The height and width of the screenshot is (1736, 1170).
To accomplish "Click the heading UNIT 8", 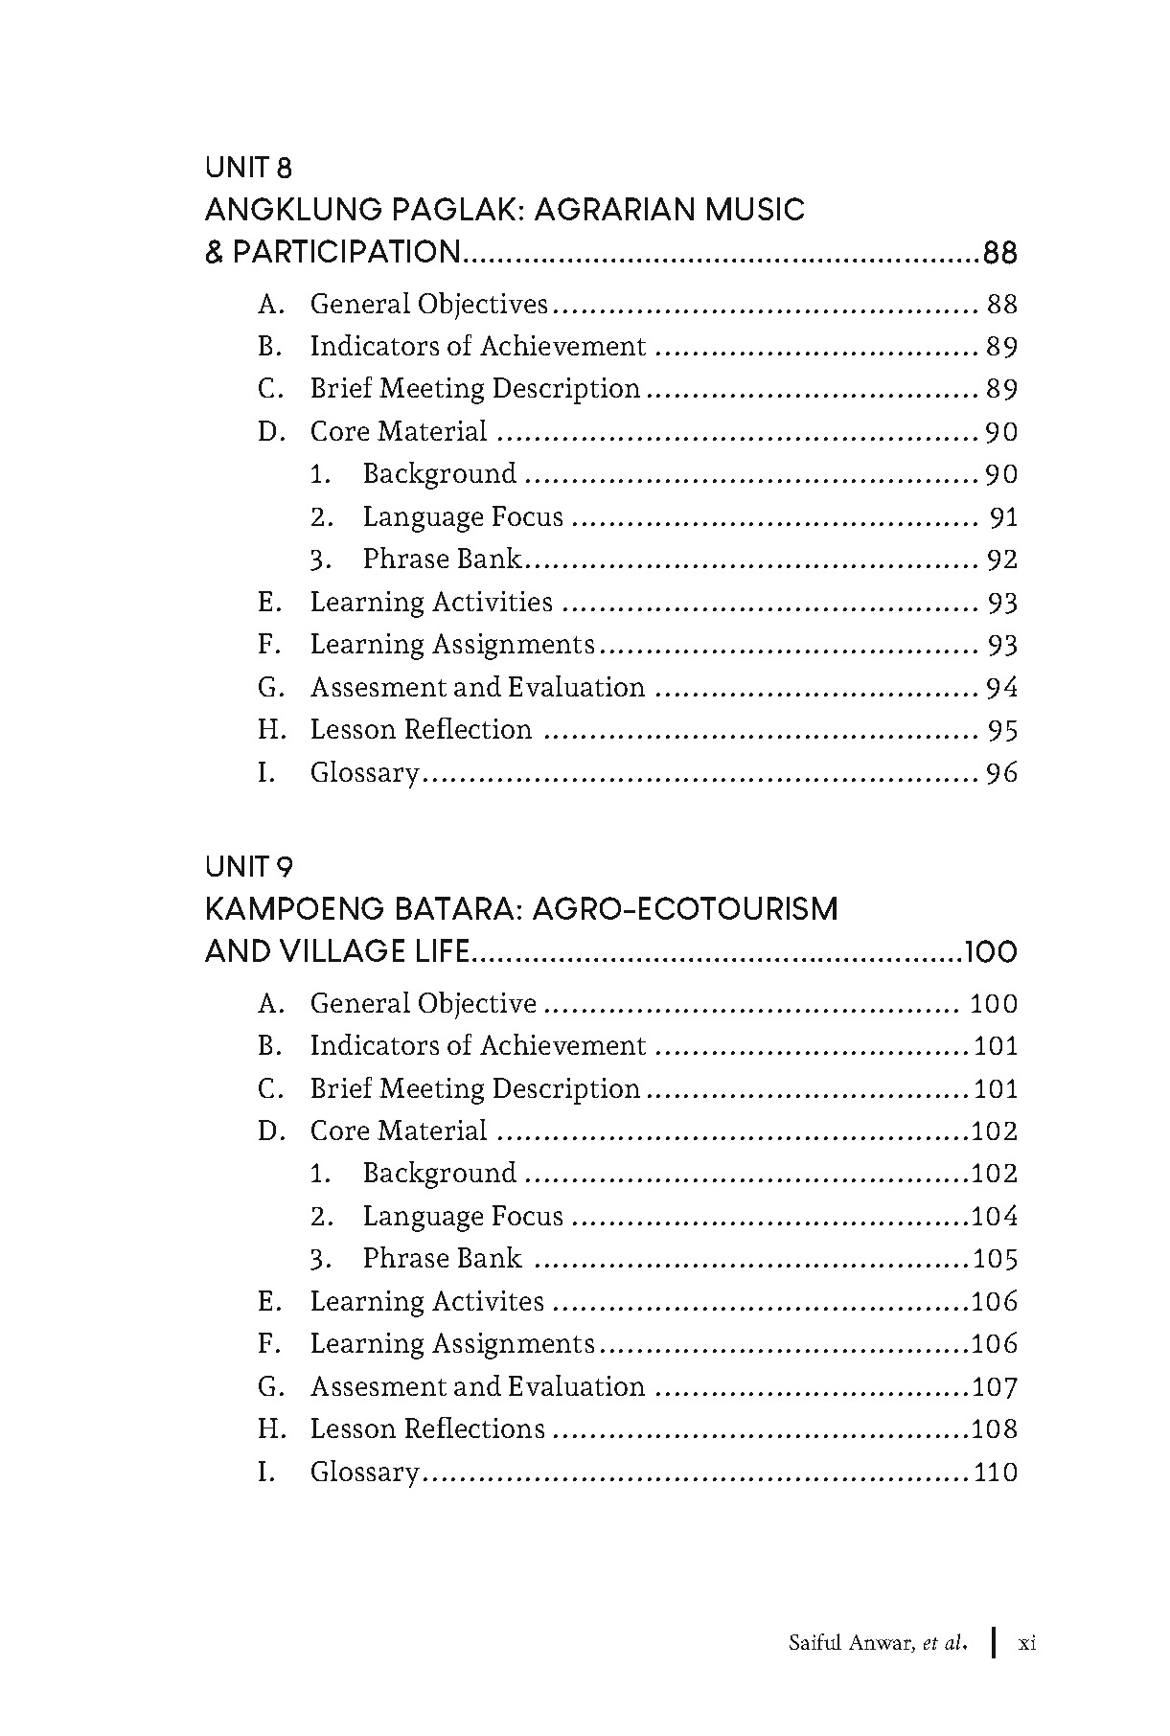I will (x=248, y=168).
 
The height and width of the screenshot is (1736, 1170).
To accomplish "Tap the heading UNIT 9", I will (x=248, y=867).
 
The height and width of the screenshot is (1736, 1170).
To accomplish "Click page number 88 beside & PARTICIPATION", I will (x=999, y=253).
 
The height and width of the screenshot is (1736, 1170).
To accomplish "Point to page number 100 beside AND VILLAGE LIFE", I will (x=991, y=952).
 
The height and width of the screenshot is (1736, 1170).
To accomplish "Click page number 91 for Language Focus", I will (x=1003, y=518).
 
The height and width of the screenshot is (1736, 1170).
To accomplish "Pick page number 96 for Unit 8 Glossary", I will (x=1001, y=773).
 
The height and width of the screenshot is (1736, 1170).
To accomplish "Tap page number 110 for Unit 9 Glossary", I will (x=995, y=1473).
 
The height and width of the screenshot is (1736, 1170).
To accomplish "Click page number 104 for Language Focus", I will (x=995, y=1217).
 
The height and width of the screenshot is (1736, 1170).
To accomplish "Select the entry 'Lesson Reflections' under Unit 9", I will (x=427, y=1429).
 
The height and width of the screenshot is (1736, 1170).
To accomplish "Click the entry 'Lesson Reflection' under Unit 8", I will (x=421, y=730).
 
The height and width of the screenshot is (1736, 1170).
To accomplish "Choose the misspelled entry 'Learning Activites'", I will (x=427, y=1302).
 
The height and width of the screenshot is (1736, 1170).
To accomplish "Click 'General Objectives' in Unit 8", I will (x=428, y=305).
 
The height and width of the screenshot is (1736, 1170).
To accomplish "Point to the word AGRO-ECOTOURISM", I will (x=684, y=909).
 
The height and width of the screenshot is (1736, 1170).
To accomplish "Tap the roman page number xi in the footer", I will (x=1027, y=1644).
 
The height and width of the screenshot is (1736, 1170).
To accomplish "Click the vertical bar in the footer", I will (x=995, y=1642).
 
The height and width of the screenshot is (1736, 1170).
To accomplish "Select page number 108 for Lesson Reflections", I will (x=995, y=1429).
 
